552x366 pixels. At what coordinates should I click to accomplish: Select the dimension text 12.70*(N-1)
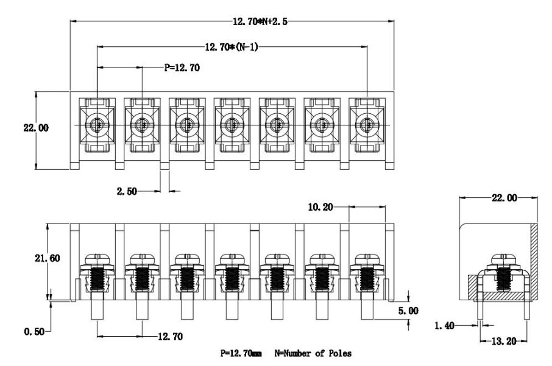tap(232, 46)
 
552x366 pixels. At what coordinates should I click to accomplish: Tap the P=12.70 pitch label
tap(182, 68)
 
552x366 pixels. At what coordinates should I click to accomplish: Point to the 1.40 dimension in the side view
tap(446, 326)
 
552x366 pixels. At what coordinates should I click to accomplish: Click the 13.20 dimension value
tap(503, 340)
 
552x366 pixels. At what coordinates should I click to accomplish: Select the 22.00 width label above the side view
tap(504, 198)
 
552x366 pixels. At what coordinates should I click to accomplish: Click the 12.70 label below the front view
tap(169, 336)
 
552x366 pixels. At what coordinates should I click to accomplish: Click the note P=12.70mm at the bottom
tap(241, 353)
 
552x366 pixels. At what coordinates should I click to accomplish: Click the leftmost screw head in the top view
tap(97, 125)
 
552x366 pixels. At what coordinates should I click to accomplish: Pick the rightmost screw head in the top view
tap(366, 125)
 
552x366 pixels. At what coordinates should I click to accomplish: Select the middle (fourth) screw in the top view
tap(232, 125)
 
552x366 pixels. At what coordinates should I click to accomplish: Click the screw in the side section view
tap(503, 273)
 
